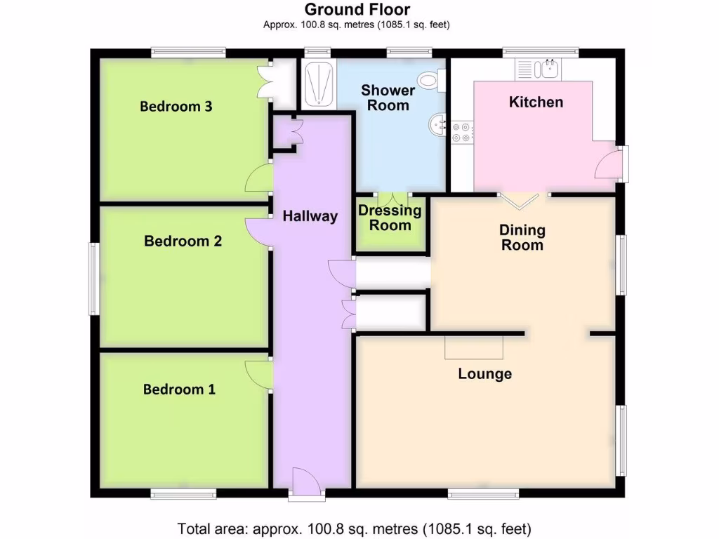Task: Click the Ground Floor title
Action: click(357, 10)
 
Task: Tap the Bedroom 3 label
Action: click(176, 107)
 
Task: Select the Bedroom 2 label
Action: click(183, 241)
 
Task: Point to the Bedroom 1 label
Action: click(179, 390)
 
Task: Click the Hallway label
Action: click(310, 217)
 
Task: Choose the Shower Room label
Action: click(388, 98)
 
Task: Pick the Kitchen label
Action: click(536, 102)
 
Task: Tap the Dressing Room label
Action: click(390, 218)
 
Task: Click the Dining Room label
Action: click(522, 237)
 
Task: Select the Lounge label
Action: click(484, 374)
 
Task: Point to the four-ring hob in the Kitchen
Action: click(462, 132)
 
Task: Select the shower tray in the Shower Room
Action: click(318, 84)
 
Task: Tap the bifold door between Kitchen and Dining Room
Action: click(522, 200)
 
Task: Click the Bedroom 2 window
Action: click(93, 279)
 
